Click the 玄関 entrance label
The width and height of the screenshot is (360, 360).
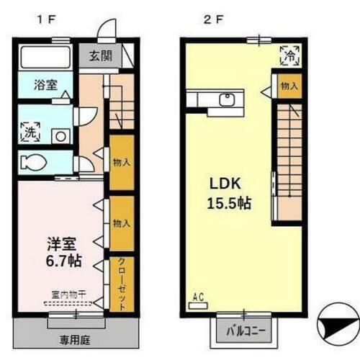(x=100, y=55)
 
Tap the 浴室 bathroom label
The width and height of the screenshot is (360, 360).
(x=46, y=84)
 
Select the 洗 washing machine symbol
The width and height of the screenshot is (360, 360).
(x=32, y=132)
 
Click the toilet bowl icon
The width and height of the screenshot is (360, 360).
(x=37, y=161)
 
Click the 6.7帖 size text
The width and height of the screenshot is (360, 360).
(x=55, y=261)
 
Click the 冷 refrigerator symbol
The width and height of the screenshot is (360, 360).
(x=287, y=54)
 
